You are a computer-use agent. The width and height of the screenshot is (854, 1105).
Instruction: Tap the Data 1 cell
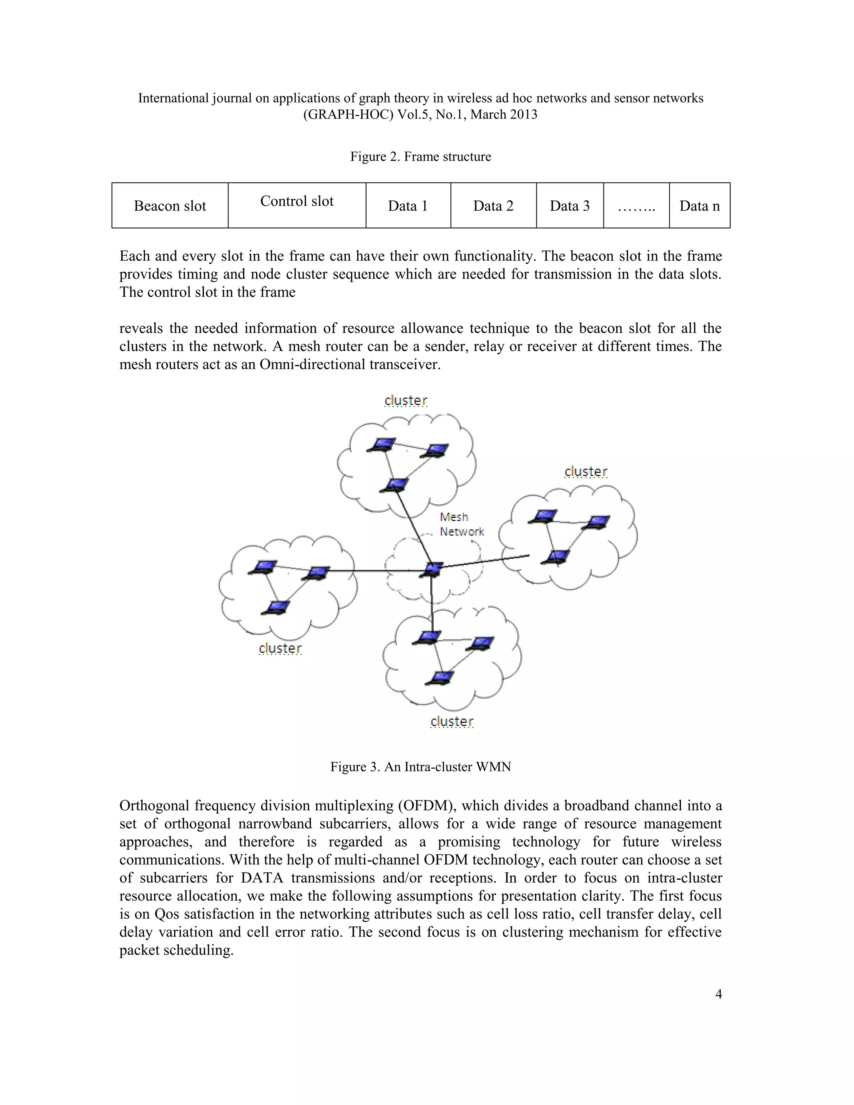coord(408,206)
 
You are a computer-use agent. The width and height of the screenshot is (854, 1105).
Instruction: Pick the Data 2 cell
coord(493,206)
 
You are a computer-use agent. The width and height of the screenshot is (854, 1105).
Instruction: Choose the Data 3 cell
coord(570,206)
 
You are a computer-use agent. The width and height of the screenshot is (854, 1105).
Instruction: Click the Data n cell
coord(699,206)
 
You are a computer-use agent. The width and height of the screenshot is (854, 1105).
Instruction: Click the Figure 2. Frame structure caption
coord(420,157)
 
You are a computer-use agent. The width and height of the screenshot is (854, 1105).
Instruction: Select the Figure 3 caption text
coord(420,767)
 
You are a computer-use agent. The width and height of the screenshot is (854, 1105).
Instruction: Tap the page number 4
coord(718,994)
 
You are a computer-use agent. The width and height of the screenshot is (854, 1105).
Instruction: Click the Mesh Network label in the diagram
coord(461,524)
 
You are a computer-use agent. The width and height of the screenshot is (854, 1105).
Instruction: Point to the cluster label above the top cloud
coord(406,401)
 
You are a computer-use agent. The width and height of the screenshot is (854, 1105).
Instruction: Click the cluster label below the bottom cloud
coord(452,721)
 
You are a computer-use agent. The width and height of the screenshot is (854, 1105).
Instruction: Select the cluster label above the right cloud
coord(586,472)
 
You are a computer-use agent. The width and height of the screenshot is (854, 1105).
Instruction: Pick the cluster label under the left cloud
coord(280,648)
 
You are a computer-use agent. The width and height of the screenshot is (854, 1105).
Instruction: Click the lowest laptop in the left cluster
coord(276,607)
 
